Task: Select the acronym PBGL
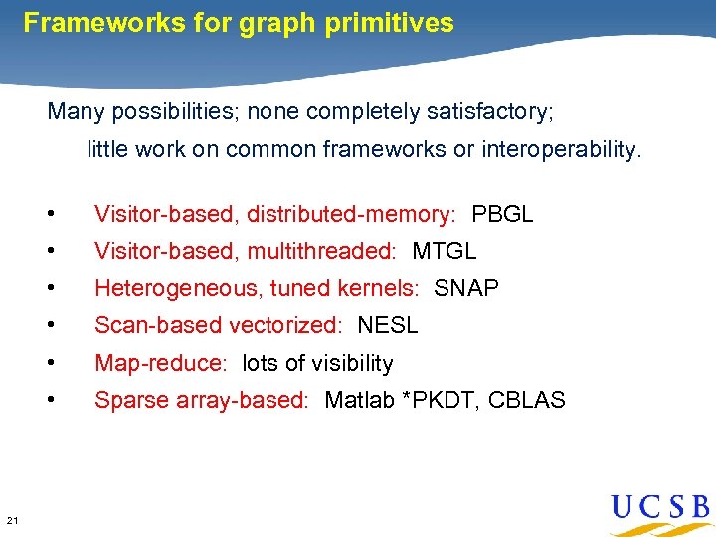click(x=502, y=215)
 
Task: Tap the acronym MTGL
click(x=445, y=252)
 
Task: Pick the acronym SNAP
click(x=466, y=289)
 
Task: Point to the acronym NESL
click(x=388, y=326)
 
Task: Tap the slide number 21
click(x=12, y=520)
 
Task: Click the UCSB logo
click(x=660, y=509)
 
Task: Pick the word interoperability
click(x=562, y=150)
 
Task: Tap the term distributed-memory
click(x=348, y=215)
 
